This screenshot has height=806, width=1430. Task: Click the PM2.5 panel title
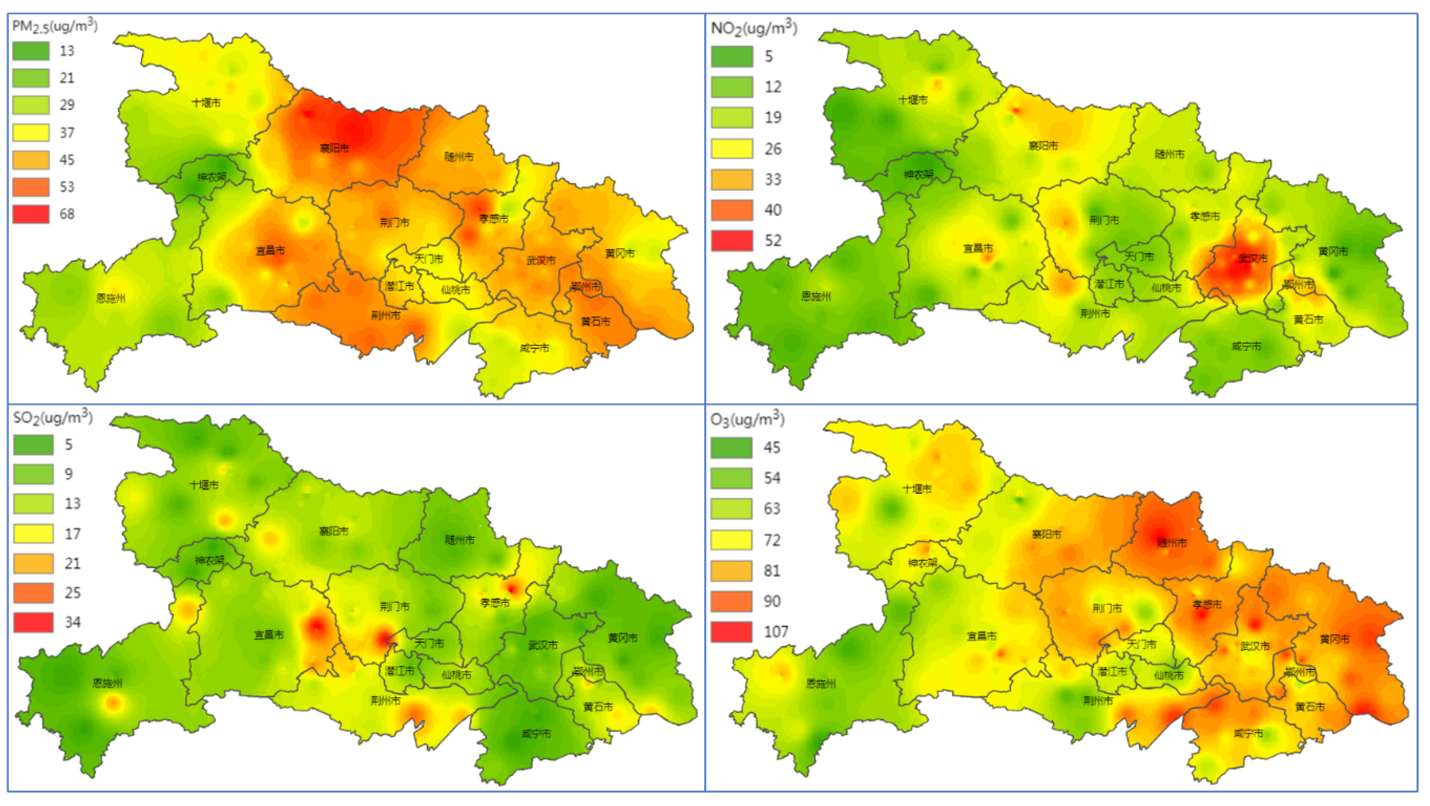click(54, 26)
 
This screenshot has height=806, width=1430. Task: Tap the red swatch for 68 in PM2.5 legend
click(31, 214)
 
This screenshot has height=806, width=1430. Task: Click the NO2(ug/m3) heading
click(754, 28)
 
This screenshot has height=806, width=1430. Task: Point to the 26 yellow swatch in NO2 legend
click(732, 149)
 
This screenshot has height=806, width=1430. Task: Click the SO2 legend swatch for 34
click(33, 622)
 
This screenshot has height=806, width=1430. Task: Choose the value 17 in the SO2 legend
click(73, 534)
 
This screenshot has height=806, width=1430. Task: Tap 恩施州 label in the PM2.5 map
click(110, 299)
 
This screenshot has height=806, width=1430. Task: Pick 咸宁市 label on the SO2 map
click(536, 734)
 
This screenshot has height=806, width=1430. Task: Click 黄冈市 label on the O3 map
click(1334, 639)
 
